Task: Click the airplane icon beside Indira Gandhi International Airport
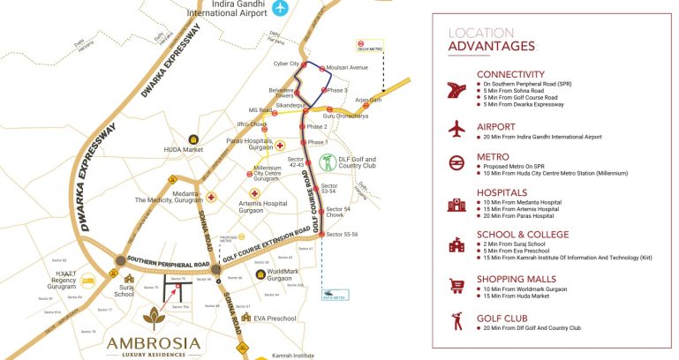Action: pyautogui.click(x=280, y=10)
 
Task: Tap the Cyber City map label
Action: pyautogui.click(x=286, y=64)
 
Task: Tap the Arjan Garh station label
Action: pyautogui.click(x=368, y=100)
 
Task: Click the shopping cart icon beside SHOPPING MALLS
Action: pyautogui.click(x=456, y=285)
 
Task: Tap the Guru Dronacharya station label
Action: pyautogui.click(x=345, y=116)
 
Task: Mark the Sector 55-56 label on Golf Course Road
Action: pyautogui.click(x=341, y=234)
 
